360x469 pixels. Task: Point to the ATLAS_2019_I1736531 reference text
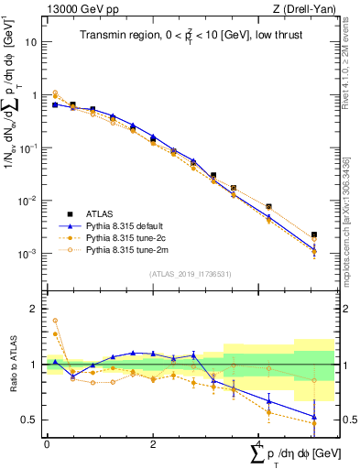[189, 274]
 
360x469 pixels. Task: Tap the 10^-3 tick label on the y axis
[29, 254]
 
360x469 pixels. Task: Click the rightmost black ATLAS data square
[314, 235]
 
